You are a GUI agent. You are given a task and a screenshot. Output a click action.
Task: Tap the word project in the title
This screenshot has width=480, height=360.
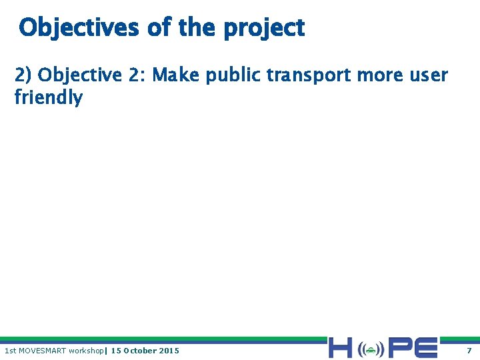(264, 29)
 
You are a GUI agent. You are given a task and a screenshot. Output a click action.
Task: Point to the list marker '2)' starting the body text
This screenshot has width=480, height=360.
(24, 75)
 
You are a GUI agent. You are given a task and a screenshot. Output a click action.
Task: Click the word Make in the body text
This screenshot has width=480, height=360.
(176, 75)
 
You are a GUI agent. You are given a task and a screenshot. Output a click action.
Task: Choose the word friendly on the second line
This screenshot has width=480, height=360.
(49, 98)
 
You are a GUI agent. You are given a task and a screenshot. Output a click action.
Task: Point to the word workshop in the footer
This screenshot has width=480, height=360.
(86, 351)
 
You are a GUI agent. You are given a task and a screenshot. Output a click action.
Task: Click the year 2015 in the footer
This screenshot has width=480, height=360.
(169, 351)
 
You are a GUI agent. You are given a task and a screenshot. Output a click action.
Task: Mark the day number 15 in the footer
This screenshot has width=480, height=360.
(115, 351)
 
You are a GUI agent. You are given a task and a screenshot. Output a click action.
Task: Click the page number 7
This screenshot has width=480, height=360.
(469, 351)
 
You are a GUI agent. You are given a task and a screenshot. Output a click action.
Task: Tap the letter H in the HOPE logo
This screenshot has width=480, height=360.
(340, 348)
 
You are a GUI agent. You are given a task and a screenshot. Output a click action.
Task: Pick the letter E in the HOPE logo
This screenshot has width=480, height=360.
(426, 348)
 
